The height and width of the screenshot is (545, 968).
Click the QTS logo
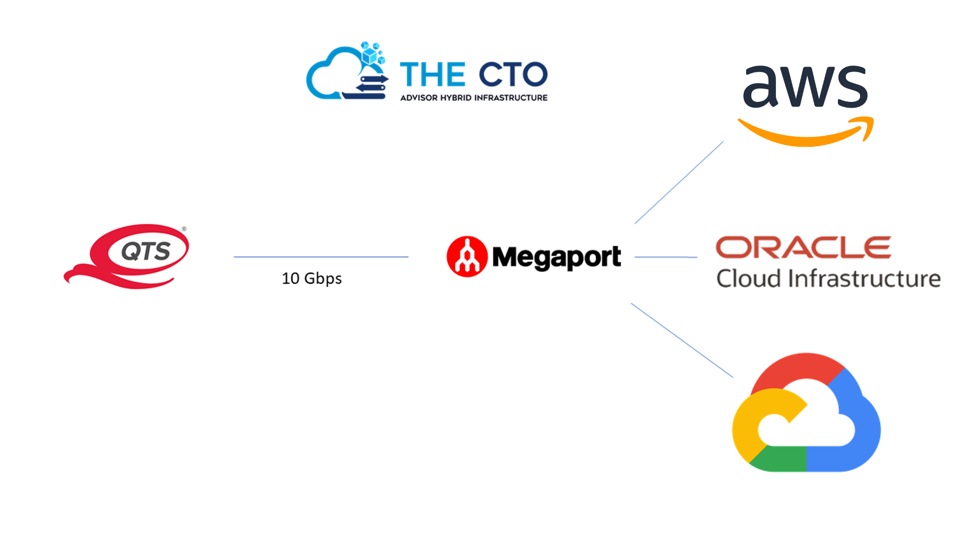[129, 256]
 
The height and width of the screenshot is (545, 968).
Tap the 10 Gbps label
[312, 279]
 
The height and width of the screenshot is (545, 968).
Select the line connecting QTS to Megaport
[321, 257]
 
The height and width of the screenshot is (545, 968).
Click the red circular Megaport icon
[467, 256]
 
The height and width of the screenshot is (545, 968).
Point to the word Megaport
[556, 257]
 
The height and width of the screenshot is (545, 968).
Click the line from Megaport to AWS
[679, 183]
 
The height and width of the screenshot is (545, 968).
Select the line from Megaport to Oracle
[665, 257]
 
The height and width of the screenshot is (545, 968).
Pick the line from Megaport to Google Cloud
[682, 340]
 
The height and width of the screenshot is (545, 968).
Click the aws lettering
[805, 87]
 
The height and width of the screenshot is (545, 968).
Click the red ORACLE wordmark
[803, 247]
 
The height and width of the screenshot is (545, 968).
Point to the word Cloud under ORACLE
[749, 279]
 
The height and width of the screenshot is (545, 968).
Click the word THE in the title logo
[432, 75]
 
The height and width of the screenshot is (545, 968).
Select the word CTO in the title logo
[513, 75]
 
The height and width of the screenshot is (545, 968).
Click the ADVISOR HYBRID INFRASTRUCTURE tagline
[473, 98]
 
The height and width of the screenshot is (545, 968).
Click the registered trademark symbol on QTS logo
[184, 229]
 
